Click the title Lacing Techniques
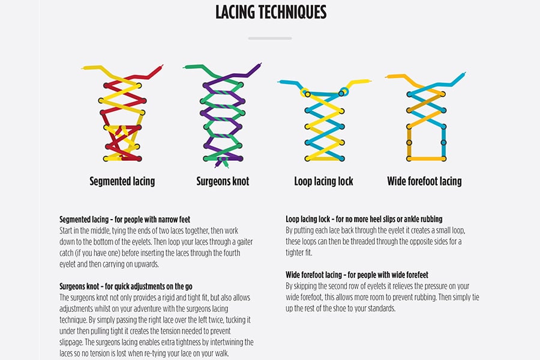tap(271, 12)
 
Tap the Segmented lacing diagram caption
tap(122, 181)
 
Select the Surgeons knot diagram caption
tap(223, 181)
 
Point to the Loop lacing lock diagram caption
tap(323, 181)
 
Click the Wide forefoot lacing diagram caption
tap(424, 181)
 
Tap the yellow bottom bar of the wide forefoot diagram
tap(427, 159)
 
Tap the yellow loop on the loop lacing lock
tap(304, 92)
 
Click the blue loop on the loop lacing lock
tap(344, 92)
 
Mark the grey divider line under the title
tap(270, 38)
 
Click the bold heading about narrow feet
tap(125, 220)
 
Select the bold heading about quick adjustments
tap(126, 286)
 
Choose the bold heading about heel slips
tap(364, 219)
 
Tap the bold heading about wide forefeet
tap(357, 275)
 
